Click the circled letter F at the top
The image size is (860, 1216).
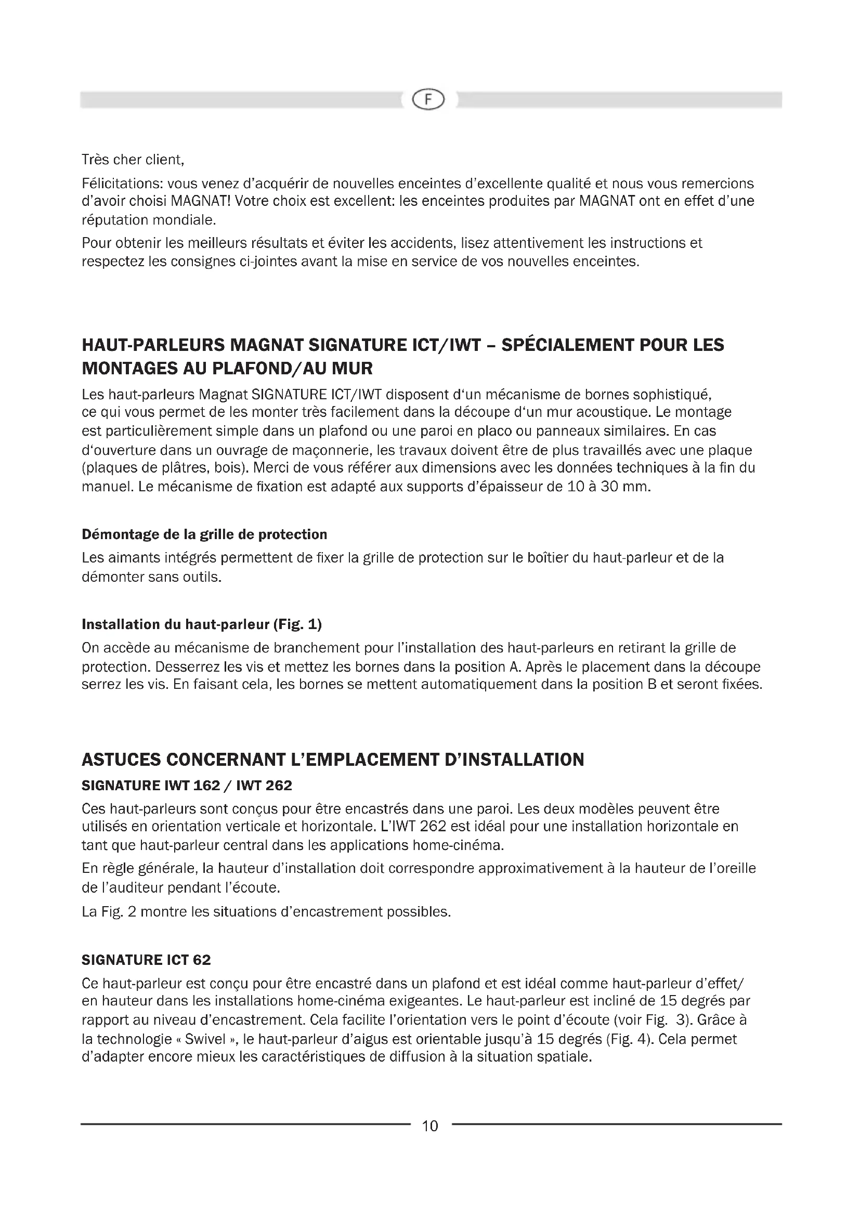coord(429,100)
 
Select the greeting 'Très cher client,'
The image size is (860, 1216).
coord(133,159)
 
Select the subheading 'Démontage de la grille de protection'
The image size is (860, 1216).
coord(204,534)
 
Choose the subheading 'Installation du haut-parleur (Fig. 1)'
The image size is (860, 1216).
coord(202,624)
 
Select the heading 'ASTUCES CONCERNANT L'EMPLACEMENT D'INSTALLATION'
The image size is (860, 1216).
coord(333,760)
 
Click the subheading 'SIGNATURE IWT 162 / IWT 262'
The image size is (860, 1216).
coord(187,786)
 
